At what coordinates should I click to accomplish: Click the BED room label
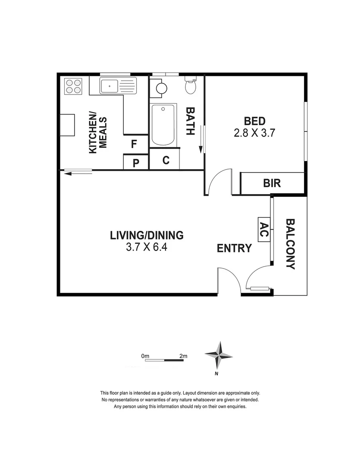pos(254,121)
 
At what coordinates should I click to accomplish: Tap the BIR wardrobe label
pos(272,183)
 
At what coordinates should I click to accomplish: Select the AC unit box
pos(264,230)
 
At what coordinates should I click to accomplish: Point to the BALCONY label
pos(290,244)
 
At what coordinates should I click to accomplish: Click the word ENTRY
pos(235,248)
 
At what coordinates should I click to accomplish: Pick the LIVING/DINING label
pos(147,236)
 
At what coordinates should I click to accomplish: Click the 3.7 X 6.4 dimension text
pos(147,247)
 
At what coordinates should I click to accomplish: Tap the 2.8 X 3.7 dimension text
pos(254,133)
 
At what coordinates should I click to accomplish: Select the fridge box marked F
pos(136,144)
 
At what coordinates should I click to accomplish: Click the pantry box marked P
pos(136,162)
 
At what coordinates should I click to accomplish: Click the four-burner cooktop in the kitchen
pos(73,86)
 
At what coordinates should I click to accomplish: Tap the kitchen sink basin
pos(109,86)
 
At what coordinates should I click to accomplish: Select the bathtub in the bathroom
pos(163,125)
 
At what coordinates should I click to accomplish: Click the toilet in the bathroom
pos(191,85)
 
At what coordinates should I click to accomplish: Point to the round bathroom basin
pos(162,88)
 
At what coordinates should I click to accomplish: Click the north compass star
pos(219,355)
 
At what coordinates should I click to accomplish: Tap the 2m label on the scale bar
pos(183,356)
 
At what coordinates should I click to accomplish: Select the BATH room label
pos(191,121)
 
